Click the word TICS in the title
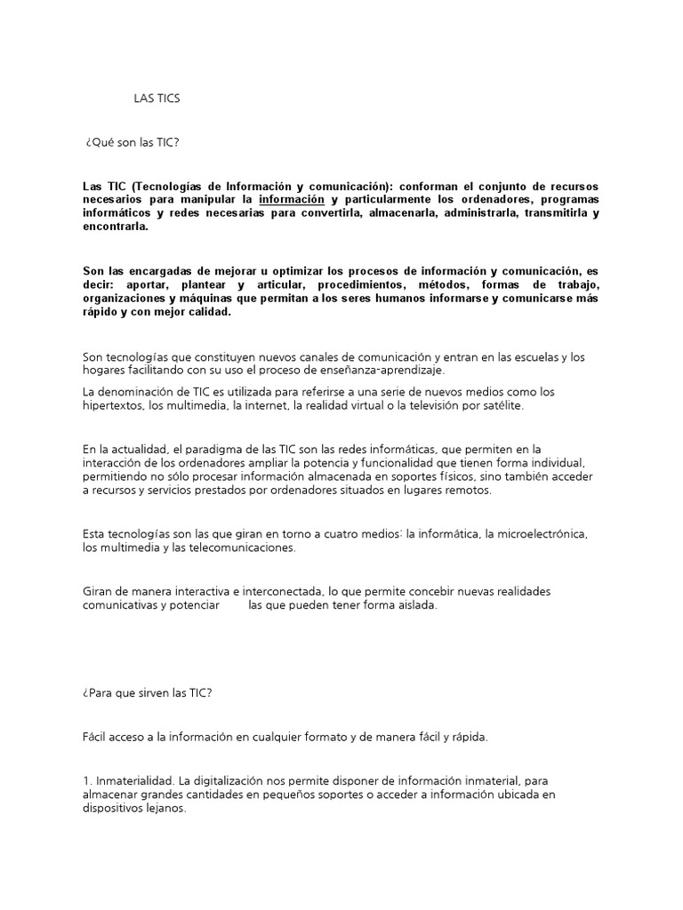click(x=167, y=99)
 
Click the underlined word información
click(x=291, y=199)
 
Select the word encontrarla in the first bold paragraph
click(x=115, y=227)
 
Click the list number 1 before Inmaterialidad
click(x=84, y=780)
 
